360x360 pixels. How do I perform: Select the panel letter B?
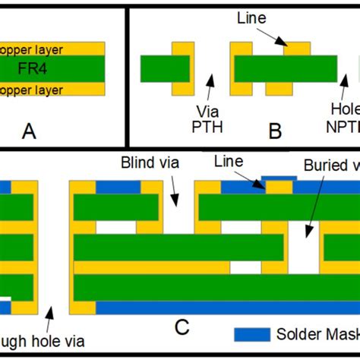(275, 131)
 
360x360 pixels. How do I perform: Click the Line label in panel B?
(251, 16)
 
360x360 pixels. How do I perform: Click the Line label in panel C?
(228, 161)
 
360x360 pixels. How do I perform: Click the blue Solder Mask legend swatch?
(252, 333)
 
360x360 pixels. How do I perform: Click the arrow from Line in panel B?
(272, 36)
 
